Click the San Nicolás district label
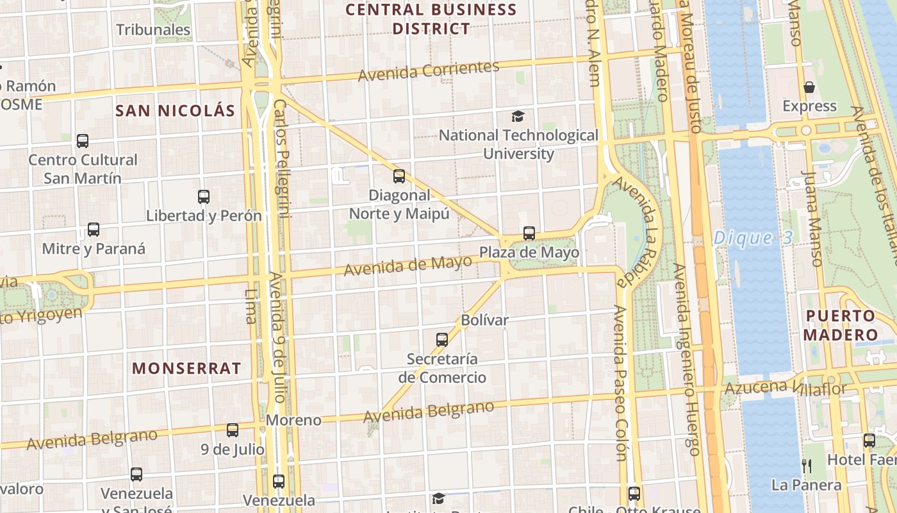(176, 111)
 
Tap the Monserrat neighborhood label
(186, 368)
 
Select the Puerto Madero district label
(841, 325)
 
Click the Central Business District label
(431, 19)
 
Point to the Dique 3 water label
(753, 239)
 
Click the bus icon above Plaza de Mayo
(529, 233)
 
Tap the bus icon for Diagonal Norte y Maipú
(399, 176)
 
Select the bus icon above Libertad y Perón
(204, 197)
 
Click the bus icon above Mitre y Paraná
(94, 230)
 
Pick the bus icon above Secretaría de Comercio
(442, 340)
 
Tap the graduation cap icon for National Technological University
(518, 116)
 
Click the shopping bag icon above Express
(809, 87)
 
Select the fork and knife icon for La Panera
(807, 466)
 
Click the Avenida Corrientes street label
(429, 71)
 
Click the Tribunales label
(153, 29)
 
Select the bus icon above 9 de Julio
(233, 430)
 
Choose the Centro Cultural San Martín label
(83, 169)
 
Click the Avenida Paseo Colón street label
(620, 383)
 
